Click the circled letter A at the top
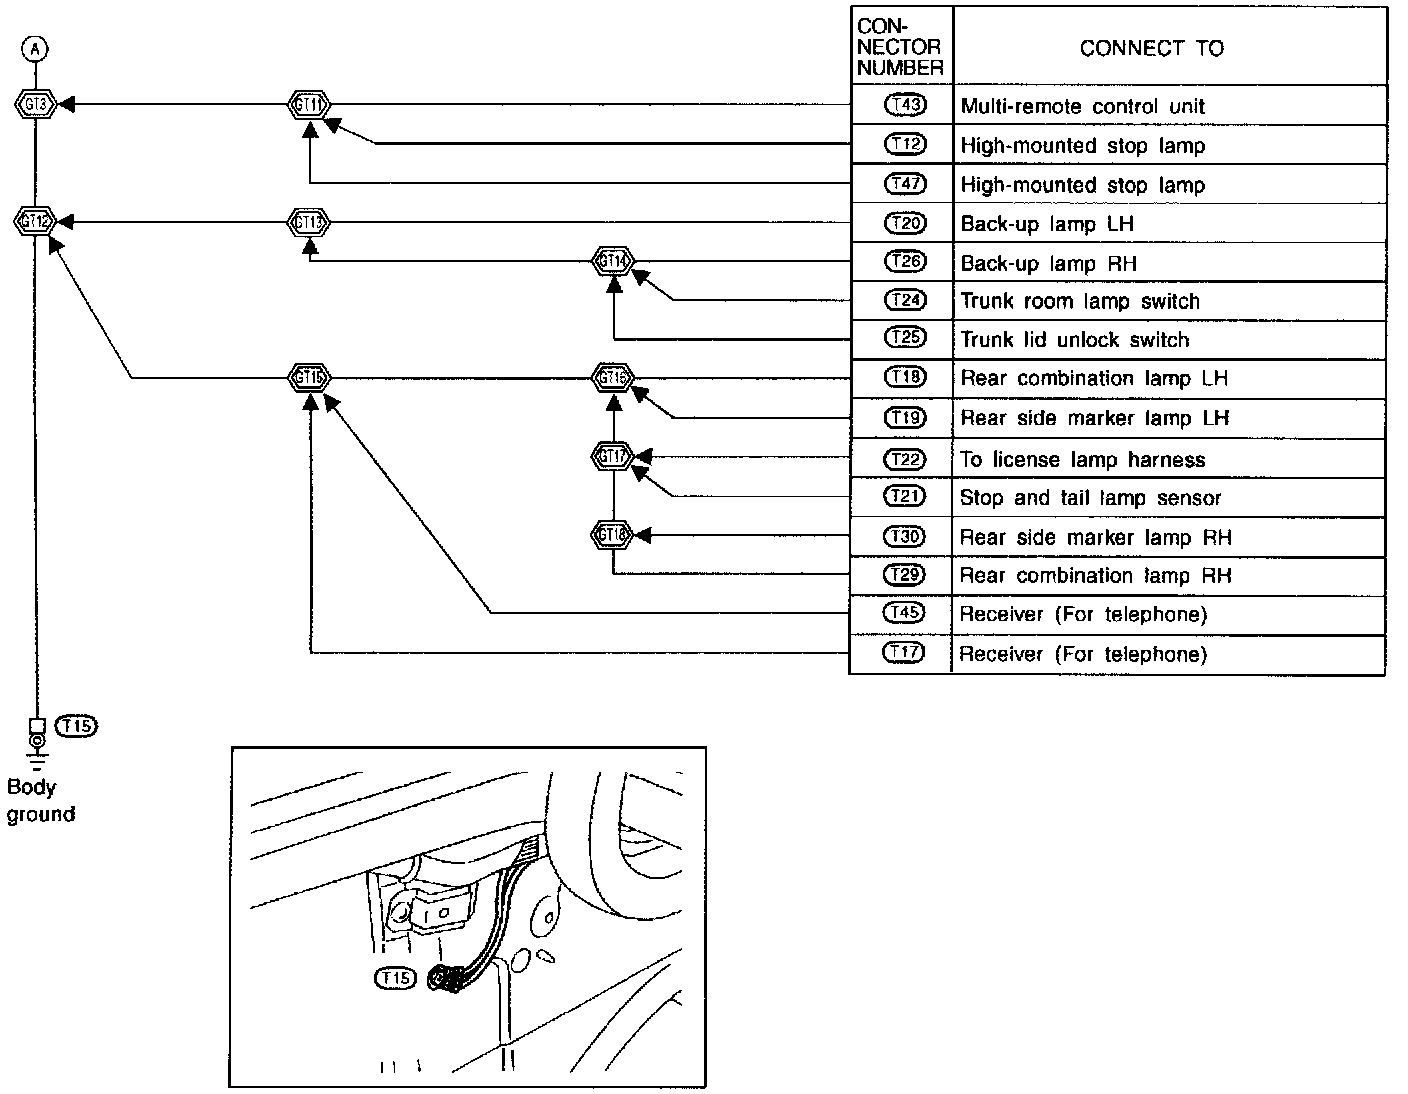coord(36,48)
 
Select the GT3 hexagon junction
coord(36,103)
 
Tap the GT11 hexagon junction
coord(310,104)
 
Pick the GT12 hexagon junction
coord(35,221)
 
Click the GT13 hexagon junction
coord(310,221)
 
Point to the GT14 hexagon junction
coord(614,261)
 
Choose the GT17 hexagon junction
coord(613,456)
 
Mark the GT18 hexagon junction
coord(613,535)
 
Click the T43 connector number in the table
coord(905,105)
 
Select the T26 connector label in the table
coord(905,262)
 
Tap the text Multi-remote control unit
coord(1082,107)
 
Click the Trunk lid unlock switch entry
coord(1074,340)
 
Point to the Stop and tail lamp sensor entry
coord(1090,498)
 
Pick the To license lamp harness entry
coord(1082,460)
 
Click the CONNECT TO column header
coord(1151,48)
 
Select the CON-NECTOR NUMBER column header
coord(900,46)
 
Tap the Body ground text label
coord(40,801)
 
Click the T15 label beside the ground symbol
coord(78,726)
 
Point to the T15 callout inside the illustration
coord(394,978)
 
